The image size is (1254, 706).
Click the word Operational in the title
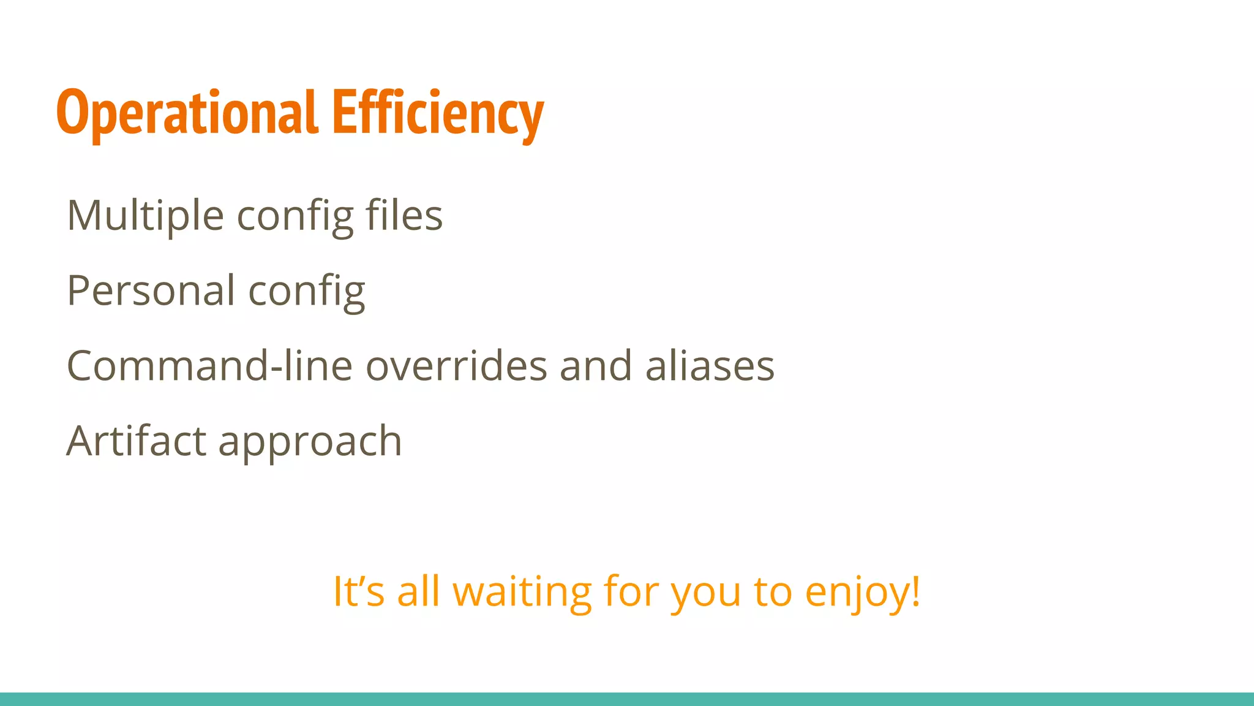[x=187, y=113]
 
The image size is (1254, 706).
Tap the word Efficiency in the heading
[x=437, y=113]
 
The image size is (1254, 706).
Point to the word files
[x=404, y=216]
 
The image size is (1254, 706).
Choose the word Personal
[x=151, y=290]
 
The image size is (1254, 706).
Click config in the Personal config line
[x=306, y=292]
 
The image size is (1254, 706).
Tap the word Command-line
[x=209, y=366]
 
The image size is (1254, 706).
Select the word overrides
[x=456, y=366]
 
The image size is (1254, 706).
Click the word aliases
[x=710, y=366]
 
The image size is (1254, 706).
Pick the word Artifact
[x=136, y=441]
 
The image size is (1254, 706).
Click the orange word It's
[x=358, y=591]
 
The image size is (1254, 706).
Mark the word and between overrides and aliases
[x=595, y=366]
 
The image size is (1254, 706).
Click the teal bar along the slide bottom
[x=627, y=699]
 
